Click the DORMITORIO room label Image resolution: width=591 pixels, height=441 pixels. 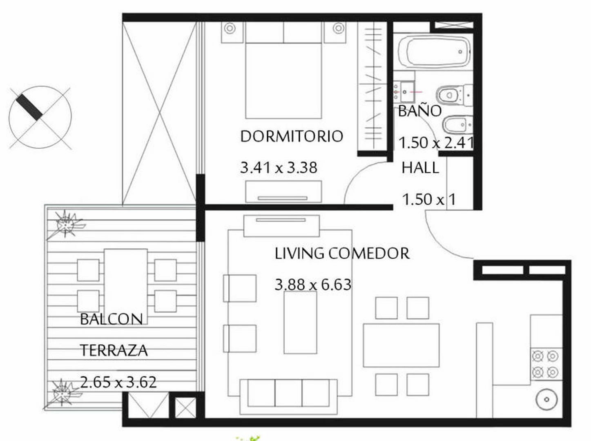(291, 136)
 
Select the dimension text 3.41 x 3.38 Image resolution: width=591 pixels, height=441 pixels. (279, 168)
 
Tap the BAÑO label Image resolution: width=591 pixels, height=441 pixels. (419, 111)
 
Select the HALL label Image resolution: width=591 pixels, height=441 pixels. (420, 168)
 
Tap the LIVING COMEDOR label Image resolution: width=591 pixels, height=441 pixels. (342, 254)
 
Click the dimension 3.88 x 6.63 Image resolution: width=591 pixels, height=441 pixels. (313, 285)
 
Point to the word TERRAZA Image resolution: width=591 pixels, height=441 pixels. (114, 350)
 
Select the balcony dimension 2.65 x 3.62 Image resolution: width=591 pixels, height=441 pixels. (118, 382)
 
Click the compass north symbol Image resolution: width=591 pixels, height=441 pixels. (40, 117)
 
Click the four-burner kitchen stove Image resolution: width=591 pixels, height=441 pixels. (546, 364)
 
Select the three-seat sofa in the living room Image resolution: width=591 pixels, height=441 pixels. (288, 393)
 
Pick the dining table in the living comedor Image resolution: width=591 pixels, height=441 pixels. (401, 345)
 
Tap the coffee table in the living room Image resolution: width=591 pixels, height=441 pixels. (300, 323)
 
